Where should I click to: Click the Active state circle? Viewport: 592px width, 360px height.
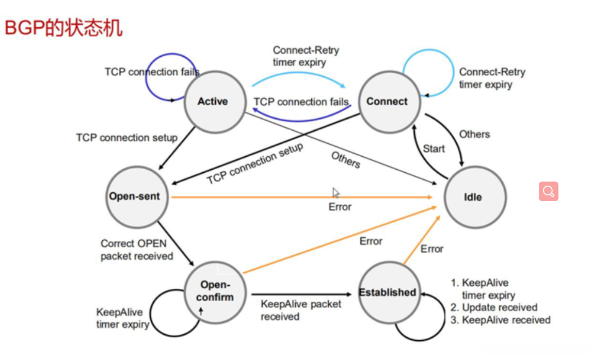215,102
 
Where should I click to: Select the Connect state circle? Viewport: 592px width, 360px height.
390,102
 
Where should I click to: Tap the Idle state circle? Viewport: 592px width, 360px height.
475,197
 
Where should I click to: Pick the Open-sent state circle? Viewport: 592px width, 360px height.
137,197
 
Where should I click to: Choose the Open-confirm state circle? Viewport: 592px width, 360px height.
215,292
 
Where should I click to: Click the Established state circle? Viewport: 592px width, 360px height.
390,292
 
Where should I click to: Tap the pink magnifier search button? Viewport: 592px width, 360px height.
549,191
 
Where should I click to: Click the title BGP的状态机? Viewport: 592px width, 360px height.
63,28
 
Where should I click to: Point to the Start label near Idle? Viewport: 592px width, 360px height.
434,149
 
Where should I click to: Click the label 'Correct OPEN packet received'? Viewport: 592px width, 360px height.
137,250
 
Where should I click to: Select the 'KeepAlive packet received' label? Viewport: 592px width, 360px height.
301,310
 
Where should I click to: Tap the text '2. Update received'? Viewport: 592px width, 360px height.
494,307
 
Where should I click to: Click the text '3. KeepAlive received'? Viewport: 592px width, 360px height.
501,320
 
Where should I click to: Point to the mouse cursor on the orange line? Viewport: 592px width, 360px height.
335,193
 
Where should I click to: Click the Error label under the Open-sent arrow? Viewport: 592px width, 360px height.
340,207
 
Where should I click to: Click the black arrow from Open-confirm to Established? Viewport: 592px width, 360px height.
301,294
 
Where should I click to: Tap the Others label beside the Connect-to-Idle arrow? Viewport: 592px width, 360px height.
474,134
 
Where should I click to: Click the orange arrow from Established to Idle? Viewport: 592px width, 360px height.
422,240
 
